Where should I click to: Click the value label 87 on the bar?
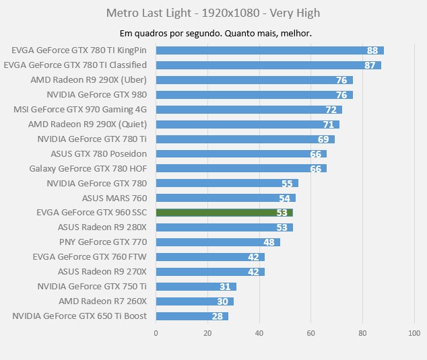(x=370, y=65)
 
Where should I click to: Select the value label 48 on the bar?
(x=269, y=242)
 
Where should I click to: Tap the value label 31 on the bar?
(x=225, y=287)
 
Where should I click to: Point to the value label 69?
(x=323, y=139)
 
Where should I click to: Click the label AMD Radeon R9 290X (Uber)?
(x=88, y=80)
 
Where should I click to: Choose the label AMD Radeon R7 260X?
(x=102, y=301)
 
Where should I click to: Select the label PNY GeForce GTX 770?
(x=102, y=242)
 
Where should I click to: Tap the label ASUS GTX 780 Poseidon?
(x=98, y=153)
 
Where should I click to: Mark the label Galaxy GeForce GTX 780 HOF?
(x=88, y=168)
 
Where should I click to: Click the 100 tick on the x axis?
(x=414, y=332)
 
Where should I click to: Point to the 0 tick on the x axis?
(x=156, y=332)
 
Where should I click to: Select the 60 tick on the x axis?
(x=311, y=332)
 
